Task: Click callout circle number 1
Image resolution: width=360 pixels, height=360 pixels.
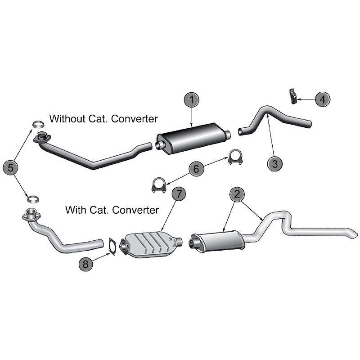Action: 192,99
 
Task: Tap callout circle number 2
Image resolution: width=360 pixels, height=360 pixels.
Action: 237,194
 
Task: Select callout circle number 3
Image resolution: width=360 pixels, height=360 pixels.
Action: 275,164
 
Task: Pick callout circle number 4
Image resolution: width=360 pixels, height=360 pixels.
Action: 323,99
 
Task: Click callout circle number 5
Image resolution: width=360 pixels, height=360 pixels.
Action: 11,167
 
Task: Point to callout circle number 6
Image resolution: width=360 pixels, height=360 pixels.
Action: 196,169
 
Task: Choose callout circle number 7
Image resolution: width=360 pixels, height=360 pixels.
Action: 179,193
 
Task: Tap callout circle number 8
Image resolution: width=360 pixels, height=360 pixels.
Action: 85,264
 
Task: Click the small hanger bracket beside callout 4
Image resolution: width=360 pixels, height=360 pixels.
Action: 293,96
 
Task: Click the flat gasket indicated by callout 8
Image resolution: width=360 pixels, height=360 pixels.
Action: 112,247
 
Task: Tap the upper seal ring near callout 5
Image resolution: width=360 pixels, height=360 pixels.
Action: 38,124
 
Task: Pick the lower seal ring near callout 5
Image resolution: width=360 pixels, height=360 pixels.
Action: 33,199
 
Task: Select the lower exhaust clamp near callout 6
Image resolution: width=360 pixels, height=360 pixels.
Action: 158,185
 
